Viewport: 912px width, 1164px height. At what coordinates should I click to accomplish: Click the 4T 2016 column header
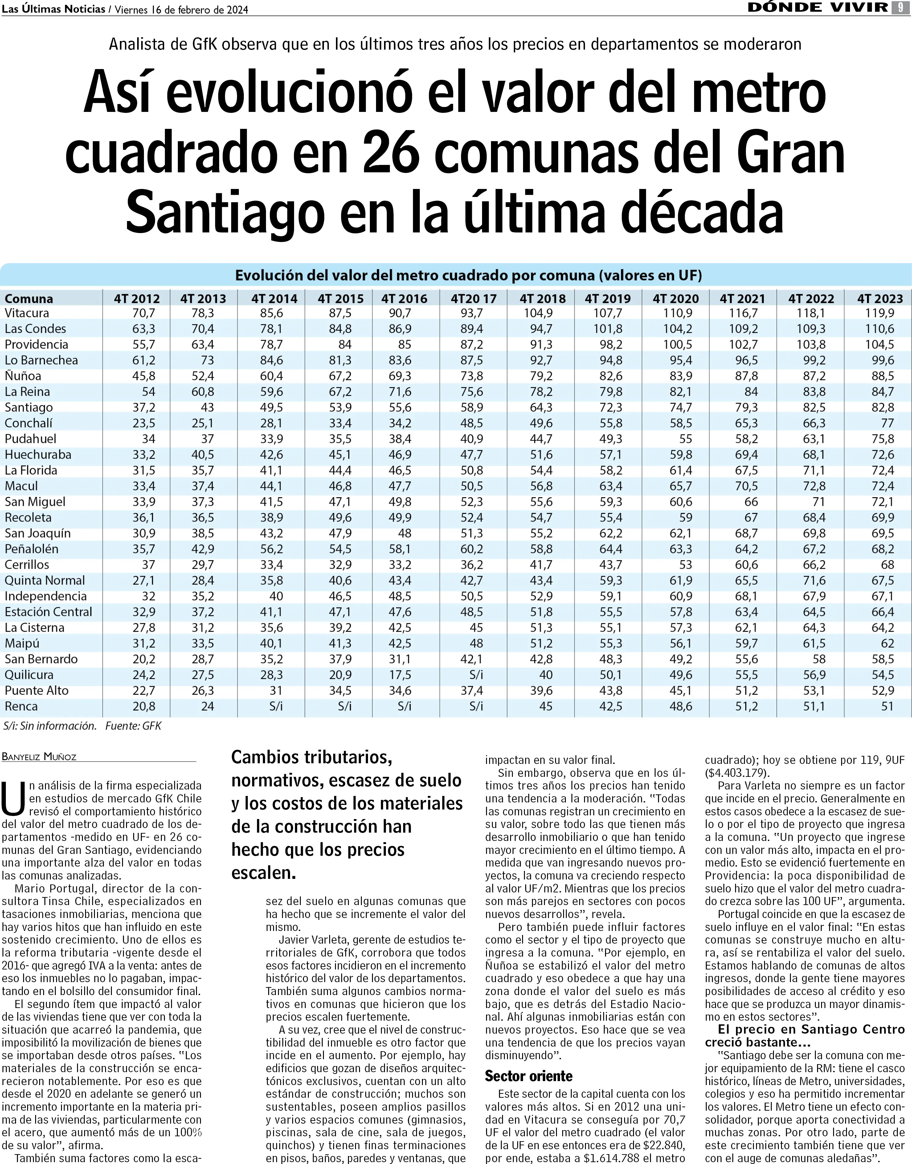(404, 298)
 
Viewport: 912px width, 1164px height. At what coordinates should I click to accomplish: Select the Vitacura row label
(27, 313)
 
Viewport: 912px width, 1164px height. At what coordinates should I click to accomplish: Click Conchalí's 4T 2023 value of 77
(887, 423)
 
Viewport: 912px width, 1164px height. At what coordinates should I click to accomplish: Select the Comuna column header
(29, 298)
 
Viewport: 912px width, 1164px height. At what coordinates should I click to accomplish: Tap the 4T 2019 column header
(608, 298)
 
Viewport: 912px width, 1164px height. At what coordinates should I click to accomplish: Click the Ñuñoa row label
(23, 376)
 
